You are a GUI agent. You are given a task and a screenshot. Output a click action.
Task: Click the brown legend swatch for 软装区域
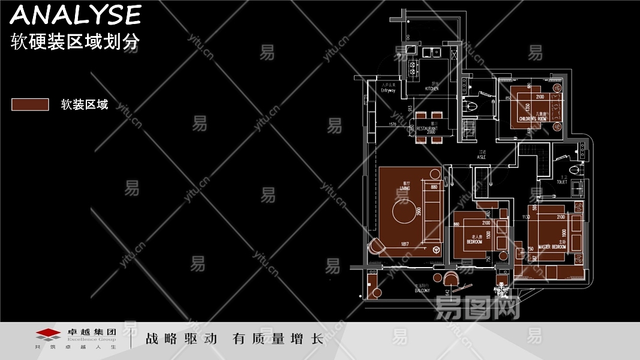coord(30,104)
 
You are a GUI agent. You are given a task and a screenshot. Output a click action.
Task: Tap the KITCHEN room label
coord(432,88)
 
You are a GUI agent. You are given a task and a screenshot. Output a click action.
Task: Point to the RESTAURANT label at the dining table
coord(427,128)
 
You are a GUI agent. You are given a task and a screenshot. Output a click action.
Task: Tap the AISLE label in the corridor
coord(481,157)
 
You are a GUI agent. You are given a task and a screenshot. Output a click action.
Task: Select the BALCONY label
coord(422,290)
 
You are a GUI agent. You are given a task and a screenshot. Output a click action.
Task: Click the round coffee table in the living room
coord(405,215)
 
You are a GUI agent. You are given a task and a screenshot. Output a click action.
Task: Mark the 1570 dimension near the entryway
coord(393,124)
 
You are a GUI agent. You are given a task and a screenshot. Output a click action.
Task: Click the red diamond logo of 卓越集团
coord(47,334)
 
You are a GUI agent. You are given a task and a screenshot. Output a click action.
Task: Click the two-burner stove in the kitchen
coord(412,67)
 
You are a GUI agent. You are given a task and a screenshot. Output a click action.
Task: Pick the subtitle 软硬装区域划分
coord(76,41)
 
